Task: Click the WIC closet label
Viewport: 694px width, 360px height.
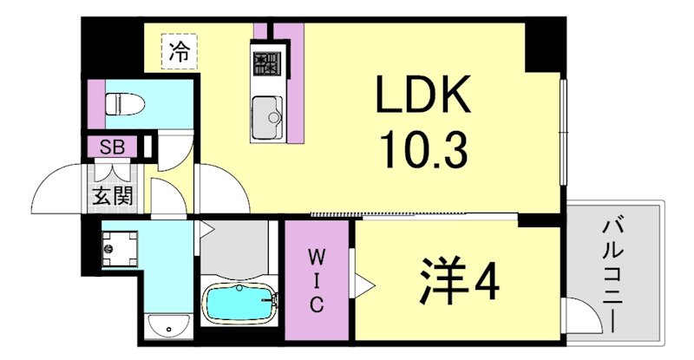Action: (317, 281)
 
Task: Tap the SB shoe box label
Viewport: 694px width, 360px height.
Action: (111, 146)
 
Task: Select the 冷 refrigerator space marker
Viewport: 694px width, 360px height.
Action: (179, 51)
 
